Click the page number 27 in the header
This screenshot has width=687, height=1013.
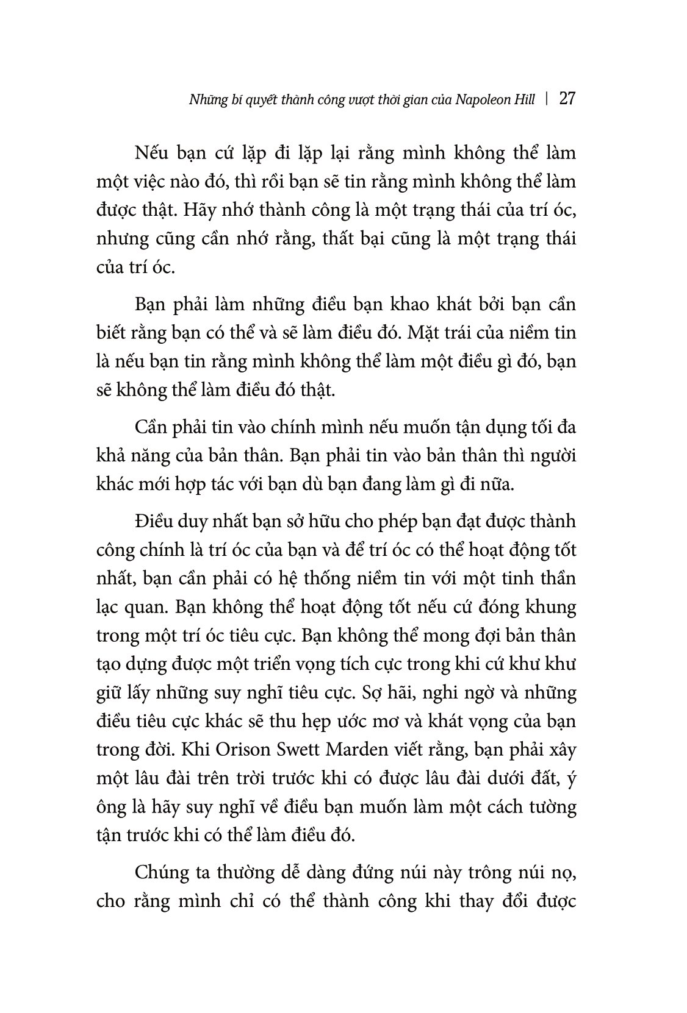567,100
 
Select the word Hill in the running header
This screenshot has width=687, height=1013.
523,101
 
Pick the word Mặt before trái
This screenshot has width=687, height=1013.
422,333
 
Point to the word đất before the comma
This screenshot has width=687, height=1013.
539,778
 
